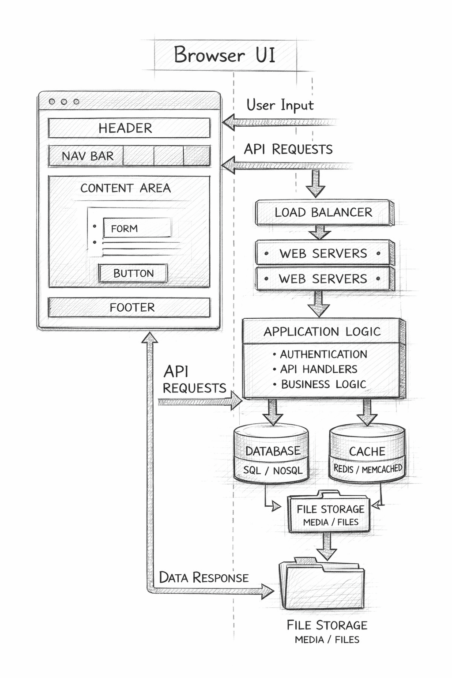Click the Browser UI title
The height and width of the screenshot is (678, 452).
[225, 55]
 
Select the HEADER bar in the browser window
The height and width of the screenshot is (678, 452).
[129, 128]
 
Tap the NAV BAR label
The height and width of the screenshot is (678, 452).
[87, 156]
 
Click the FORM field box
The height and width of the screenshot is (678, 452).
[137, 228]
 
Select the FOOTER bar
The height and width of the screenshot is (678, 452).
[129, 307]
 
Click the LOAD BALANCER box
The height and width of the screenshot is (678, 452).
[323, 212]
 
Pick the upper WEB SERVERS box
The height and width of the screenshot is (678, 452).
[323, 253]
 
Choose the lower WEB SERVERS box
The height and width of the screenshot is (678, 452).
[323, 279]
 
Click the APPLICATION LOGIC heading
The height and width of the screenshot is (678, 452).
[322, 331]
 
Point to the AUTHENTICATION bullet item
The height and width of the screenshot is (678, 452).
[323, 354]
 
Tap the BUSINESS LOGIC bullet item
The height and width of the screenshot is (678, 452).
[323, 384]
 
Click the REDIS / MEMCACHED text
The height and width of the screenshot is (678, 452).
[368, 469]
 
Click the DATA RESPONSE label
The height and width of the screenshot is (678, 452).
[203, 577]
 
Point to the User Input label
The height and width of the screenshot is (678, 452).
[280, 105]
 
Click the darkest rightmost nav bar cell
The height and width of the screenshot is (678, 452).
[196, 156]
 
